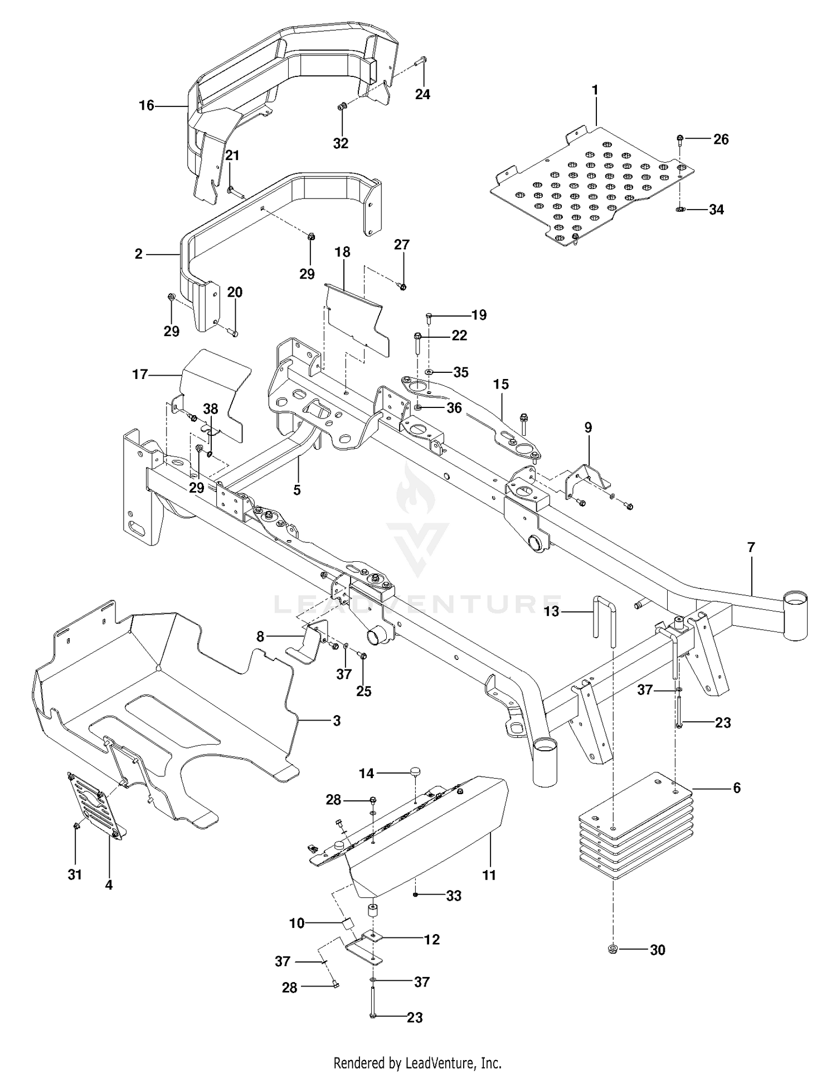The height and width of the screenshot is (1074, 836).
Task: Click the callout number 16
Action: click(x=146, y=105)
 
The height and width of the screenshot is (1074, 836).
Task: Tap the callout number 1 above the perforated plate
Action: click(x=595, y=90)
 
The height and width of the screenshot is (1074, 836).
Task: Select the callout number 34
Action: click(x=716, y=210)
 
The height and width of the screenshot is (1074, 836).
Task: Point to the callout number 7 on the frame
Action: click(x=751, y=547)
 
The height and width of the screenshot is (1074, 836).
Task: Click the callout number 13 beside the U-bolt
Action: click(x=551, y=612)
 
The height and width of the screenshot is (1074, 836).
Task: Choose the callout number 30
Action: click(x=658, y=950)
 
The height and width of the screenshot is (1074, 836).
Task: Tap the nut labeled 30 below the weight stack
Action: click(x=613, y=949)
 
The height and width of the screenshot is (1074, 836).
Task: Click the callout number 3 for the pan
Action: click(x=336, y=721)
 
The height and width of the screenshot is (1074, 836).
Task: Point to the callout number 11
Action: click(x=489, y=875)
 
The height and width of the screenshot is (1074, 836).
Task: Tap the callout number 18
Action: click(x=342, y=252)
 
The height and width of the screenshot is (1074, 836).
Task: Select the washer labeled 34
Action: click(x=680, y=210)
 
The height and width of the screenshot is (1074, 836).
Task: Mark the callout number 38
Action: click(x=210, y=409)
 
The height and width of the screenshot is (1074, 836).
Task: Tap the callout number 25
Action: click(x=363, y=691)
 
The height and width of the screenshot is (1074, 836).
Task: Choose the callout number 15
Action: click(x=501, y=384)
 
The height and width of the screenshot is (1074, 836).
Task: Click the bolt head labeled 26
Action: click(x=680, y=138)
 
